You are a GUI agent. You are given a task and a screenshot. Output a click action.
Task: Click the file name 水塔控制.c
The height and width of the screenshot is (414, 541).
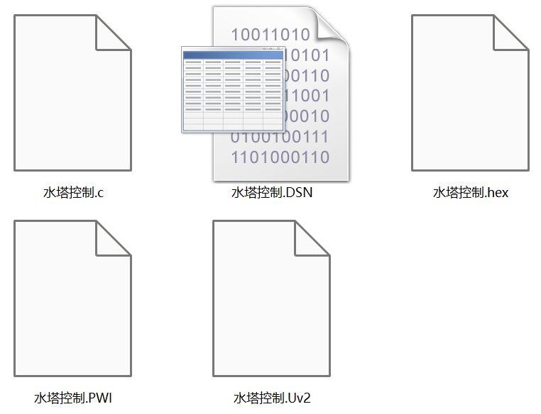(x=74, y=192)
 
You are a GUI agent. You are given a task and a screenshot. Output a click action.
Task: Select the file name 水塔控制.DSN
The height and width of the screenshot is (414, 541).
(x=272, y=192)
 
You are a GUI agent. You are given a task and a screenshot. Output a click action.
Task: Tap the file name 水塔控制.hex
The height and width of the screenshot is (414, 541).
(x=471, y=192)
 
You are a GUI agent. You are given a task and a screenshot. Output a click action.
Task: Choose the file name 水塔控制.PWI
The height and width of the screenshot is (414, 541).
(x=73, y=398)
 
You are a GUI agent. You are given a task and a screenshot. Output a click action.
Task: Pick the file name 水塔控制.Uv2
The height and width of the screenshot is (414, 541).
(x=272, y=398)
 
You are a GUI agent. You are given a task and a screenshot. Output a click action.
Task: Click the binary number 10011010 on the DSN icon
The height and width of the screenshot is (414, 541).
(x=270, y=34)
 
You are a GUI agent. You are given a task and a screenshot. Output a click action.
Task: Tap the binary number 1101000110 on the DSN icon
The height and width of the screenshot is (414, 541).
(x=280, y=157)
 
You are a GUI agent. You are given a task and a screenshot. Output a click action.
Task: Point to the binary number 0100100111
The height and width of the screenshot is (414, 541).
(x=280, y=136)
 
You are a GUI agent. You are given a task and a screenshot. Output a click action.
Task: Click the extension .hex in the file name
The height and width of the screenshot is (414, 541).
(x=498, y=192)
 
